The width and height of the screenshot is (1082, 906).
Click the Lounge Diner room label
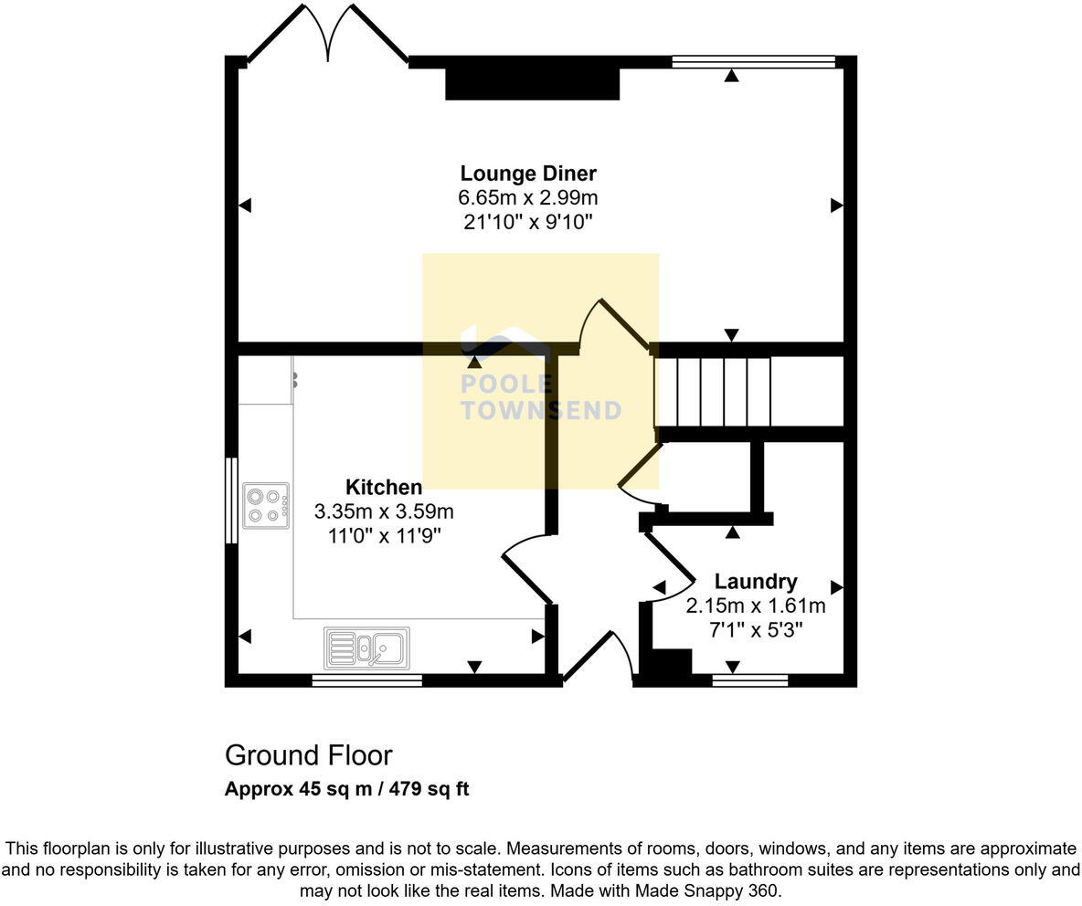pos(528,174)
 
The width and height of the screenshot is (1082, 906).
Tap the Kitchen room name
pos(384,487)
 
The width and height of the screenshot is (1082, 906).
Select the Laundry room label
pos(755,581)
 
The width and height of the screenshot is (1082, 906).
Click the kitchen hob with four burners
pos(266,506)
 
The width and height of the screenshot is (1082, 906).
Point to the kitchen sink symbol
pos(366,648)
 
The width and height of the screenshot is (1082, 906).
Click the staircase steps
pos(714,391)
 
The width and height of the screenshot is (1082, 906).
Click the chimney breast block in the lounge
pos(532,83)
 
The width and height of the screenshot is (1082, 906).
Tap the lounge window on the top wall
pos(753,62)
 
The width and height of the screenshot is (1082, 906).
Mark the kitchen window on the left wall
pos(232,500)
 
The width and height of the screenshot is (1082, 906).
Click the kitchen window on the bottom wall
pos(366,679)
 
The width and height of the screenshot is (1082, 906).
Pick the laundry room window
pos(749,679)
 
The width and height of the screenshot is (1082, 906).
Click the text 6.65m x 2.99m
pos(528,197)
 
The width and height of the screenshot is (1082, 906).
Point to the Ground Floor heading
pos(308,755)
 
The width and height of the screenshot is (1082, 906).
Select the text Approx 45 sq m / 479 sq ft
pos(346,789)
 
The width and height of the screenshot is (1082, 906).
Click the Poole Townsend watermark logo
pos(539,384)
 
